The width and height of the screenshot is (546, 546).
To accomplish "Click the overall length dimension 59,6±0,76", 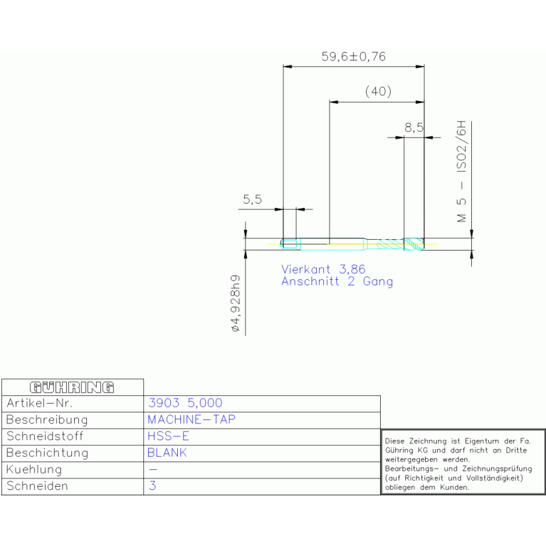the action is tap(353, 56).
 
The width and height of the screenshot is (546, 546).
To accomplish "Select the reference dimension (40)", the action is tap(378, 91).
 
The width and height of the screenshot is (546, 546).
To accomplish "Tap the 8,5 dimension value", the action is tap(414, 127).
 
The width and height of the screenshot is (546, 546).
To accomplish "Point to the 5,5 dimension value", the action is tap(252, 199).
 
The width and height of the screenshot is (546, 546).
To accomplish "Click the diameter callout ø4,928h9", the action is tap(236, 303).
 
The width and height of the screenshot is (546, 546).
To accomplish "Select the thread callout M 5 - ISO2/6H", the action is tap(461, 172).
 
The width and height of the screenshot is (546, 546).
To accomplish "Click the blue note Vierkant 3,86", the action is tap(323, 269).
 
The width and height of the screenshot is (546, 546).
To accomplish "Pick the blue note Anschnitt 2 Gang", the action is tap(337, 281).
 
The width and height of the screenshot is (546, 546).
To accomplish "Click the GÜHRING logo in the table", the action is tap(72, 387).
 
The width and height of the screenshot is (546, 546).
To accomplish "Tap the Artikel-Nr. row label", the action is tap(39, 403).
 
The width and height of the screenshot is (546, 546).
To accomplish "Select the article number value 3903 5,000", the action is tap(185, 403).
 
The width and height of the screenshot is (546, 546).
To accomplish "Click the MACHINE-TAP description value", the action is tap(191, 419).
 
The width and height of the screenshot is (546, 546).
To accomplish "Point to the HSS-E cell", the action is tap(168, 436).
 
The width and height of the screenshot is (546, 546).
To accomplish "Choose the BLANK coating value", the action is tap(167, 453).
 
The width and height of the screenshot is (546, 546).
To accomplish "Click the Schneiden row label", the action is tap(37, 485).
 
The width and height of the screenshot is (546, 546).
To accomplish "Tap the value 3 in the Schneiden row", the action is tap(152, 485).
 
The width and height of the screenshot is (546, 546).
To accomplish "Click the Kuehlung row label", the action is tap(34, 469).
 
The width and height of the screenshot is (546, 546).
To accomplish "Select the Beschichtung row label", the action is tap(48, 453).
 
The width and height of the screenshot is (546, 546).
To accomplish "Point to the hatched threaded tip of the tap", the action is tap(414, 243).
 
